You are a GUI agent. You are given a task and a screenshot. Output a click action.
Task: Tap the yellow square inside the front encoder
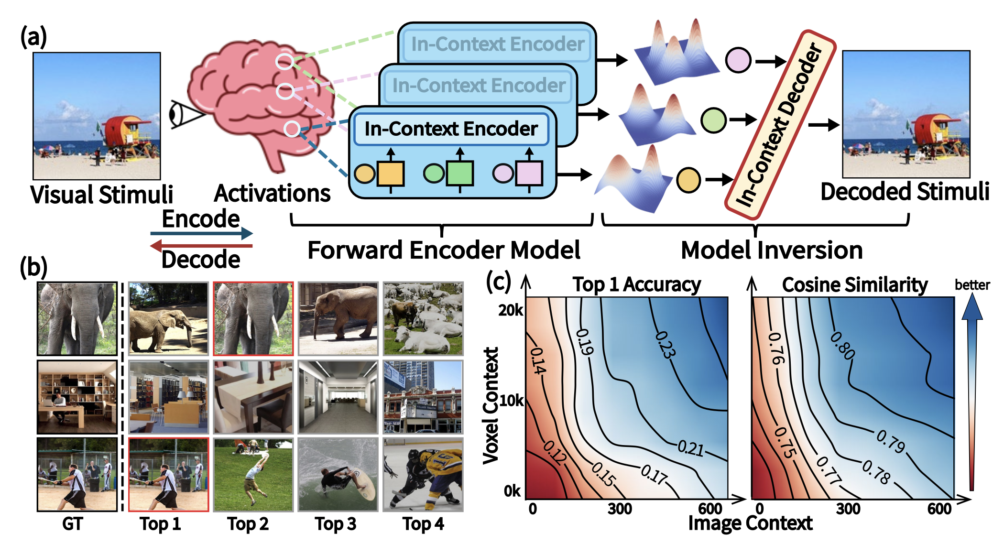tap(391, 173)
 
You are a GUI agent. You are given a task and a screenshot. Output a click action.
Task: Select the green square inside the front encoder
tap(460, 173)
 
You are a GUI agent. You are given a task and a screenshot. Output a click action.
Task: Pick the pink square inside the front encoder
tap(529, 173)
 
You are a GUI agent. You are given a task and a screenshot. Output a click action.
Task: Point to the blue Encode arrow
tap(201, 233)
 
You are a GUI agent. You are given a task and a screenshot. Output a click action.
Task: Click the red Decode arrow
tap(201, 246)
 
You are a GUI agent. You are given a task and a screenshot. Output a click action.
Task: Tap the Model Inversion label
tap(772, 250)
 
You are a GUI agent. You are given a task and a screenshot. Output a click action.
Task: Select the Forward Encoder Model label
tap(444, 250)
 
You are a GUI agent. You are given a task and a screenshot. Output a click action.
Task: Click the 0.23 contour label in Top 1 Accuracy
tap(665, 344)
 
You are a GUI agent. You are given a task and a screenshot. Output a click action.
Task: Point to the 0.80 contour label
tap(842, 345)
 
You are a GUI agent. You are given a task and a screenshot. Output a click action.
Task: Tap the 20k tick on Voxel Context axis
tap(511, 311)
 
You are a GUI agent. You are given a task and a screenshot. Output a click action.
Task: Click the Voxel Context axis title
tap(491, 405)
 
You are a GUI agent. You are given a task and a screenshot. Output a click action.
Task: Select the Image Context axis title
tap(750, 523)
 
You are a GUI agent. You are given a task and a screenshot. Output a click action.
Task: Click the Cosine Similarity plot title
tap(854, 285)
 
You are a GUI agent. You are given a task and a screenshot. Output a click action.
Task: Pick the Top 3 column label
tap(336, 524)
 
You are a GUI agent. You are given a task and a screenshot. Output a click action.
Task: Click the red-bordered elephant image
tap(253, 318)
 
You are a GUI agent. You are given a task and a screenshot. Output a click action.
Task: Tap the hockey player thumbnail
tap(423, 475)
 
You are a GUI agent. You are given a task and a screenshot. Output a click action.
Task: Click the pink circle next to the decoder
tap(738, 60)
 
